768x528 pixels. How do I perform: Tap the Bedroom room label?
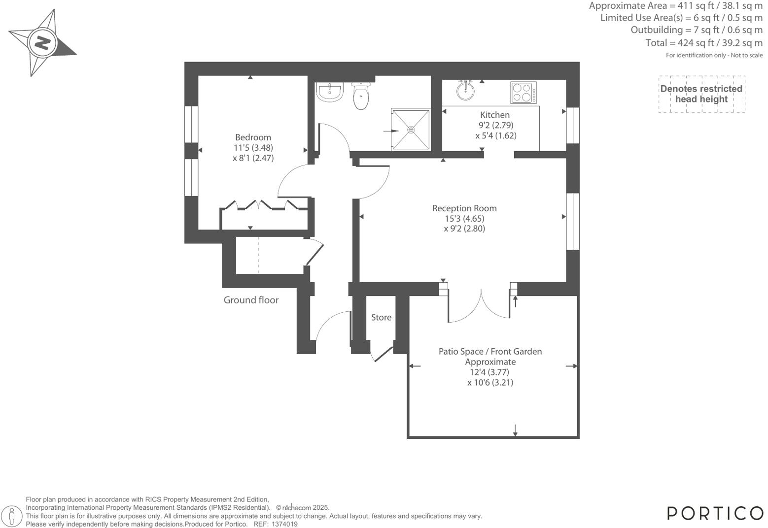[x=253, y=137]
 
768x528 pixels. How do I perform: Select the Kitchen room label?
[x=495, y=115]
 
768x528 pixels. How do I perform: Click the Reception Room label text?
[x=464, y=208]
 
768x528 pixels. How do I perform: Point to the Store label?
[x=381, y=318]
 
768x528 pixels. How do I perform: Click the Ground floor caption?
[x=251, y=300]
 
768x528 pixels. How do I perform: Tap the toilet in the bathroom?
[x=361, y=96]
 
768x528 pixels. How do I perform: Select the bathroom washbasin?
[x=329, y=92]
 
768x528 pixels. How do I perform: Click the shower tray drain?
[x=411, y=130]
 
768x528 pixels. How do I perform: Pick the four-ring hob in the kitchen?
[x=524, y=93]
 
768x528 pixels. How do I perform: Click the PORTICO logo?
[x=715, y=513]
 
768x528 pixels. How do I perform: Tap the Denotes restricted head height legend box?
[x=701, y=94]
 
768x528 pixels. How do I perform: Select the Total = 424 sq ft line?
[x=704, y=43]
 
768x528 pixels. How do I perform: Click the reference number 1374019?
[x=284, y=525]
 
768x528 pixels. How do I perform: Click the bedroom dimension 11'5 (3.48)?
[x=253, y=148]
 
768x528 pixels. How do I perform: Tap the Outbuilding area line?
[x=697, y=30]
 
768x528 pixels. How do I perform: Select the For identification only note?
[x=714, y=55]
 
